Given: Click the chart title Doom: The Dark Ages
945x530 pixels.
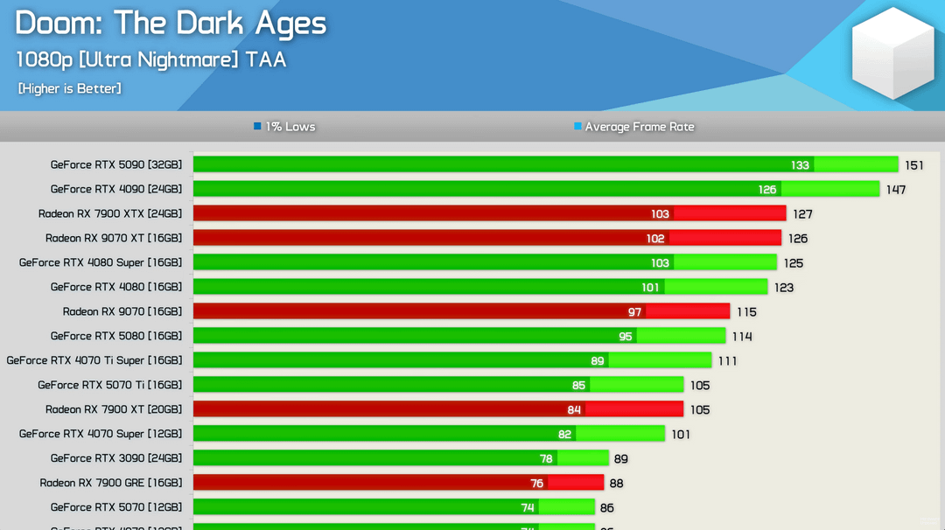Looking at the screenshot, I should coord(171,24).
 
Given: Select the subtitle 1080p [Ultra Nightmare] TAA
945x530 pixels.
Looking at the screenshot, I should coord(150,59).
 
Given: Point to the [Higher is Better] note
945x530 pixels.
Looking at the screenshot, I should coord(69,88).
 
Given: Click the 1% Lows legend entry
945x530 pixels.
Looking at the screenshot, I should coord(284,127).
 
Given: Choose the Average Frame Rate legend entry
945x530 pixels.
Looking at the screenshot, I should coord(634,127).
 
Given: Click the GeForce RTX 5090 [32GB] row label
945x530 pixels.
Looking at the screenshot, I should coord(115,164).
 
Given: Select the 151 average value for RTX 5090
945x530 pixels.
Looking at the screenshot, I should coord(914,165).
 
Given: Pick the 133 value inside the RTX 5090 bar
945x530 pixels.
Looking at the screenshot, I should coord(800,165).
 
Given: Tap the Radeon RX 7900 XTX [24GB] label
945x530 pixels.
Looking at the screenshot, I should coord(109,213).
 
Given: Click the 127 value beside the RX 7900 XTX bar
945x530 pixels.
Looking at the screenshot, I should coord(802,214).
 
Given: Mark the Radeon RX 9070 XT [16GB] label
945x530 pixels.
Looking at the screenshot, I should coord(113,238).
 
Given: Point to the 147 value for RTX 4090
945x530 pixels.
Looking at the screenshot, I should coord(895,190).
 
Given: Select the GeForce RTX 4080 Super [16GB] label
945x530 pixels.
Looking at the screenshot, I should coord(100,262).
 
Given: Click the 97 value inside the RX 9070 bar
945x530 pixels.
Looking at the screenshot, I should coord(634,312).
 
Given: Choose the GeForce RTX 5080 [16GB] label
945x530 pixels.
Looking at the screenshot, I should coord(115,336).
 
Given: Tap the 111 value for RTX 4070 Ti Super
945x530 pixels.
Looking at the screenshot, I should coord(727,361).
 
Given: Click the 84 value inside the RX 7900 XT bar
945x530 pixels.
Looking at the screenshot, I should coord(574,410).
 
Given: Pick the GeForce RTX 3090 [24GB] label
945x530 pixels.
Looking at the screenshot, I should coord(115,458).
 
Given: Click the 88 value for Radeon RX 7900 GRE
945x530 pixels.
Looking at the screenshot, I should coord(616,484).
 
